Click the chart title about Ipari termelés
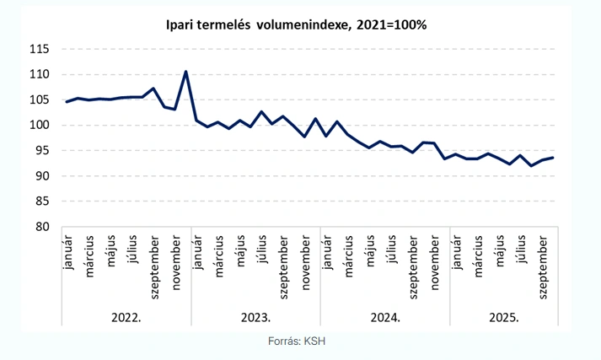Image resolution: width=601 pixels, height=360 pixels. (x=296, y=25)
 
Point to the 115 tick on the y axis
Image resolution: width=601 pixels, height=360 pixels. (x=40, y=49)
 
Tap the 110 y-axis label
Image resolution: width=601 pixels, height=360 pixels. (x=40, y=74)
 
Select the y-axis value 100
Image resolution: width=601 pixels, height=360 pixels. (x=40, y=125)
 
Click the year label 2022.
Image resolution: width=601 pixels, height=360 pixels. (x=126, y=318)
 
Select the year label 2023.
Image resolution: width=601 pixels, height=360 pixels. (x=256, y=318)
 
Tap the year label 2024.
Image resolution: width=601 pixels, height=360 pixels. (x=385, y=318)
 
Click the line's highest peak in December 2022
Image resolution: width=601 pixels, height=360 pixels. (x=185, y=72)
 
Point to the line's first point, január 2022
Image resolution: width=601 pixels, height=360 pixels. (x=67, y=102)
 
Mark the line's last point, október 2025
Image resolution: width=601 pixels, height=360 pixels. (x=552, y=158)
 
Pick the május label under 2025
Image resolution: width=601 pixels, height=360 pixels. (x=499, y=252)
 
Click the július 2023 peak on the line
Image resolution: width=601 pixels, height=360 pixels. (x=261, y=112)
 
